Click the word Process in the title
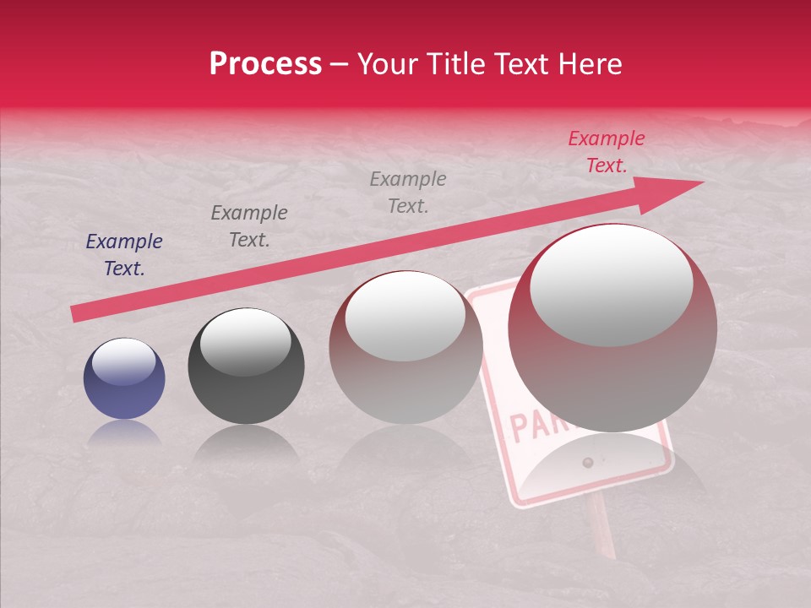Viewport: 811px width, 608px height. (x=265, y=64)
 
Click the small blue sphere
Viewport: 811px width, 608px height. (x=124, y=379)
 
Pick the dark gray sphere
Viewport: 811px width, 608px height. (x=246, y=366)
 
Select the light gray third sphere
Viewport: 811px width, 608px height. (x=405, y=348)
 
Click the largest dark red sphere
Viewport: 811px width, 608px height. (x=612, y=329)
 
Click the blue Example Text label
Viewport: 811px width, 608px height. (x=124, y=255)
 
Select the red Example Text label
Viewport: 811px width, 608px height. (x=606, y=152)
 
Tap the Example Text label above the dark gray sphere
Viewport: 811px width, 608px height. (x=249, y=226)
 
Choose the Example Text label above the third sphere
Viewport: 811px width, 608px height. (x=408, y=192)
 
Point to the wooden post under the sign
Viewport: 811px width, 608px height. (x=601, y=528)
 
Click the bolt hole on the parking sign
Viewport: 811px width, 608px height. (x=588, y=462)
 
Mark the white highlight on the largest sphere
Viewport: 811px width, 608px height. (x=611, y=285)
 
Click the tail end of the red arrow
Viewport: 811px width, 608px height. (x=74, y=314)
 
